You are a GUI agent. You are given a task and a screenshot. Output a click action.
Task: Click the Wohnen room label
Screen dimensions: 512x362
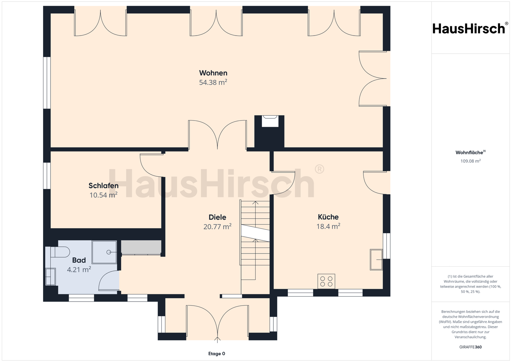213,73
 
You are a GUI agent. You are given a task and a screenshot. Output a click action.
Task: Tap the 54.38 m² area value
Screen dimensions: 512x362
213,82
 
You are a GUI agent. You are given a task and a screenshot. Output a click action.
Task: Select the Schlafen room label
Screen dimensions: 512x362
103,186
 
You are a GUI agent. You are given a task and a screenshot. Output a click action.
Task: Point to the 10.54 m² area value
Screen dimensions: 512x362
103,195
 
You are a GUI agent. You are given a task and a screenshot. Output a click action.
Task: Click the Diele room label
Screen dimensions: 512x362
217,217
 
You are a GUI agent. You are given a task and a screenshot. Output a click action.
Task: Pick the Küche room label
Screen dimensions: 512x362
328,217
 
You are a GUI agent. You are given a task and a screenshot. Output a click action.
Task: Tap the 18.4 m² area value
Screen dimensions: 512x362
328,226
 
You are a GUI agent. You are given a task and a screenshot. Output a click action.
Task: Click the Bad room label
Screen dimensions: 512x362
79,260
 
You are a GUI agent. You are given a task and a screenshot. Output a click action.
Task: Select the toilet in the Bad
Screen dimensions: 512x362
60,252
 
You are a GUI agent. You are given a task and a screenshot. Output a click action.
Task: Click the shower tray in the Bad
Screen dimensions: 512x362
104,252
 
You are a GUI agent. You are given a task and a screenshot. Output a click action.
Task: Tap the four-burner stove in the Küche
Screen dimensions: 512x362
326,281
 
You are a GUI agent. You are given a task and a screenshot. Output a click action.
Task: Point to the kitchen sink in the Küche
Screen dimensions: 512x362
376,260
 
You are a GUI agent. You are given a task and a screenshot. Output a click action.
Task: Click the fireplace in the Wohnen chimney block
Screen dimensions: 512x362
270,121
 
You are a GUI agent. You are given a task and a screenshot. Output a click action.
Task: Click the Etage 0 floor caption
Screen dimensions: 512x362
217,353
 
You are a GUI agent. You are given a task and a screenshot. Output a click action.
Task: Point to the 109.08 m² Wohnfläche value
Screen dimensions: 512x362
470,161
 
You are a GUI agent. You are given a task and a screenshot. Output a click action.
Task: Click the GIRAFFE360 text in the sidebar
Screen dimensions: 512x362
470,347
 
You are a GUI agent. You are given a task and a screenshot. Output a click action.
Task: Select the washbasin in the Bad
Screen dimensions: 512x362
50,277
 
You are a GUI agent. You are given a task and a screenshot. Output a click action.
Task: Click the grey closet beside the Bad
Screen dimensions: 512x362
141,247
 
